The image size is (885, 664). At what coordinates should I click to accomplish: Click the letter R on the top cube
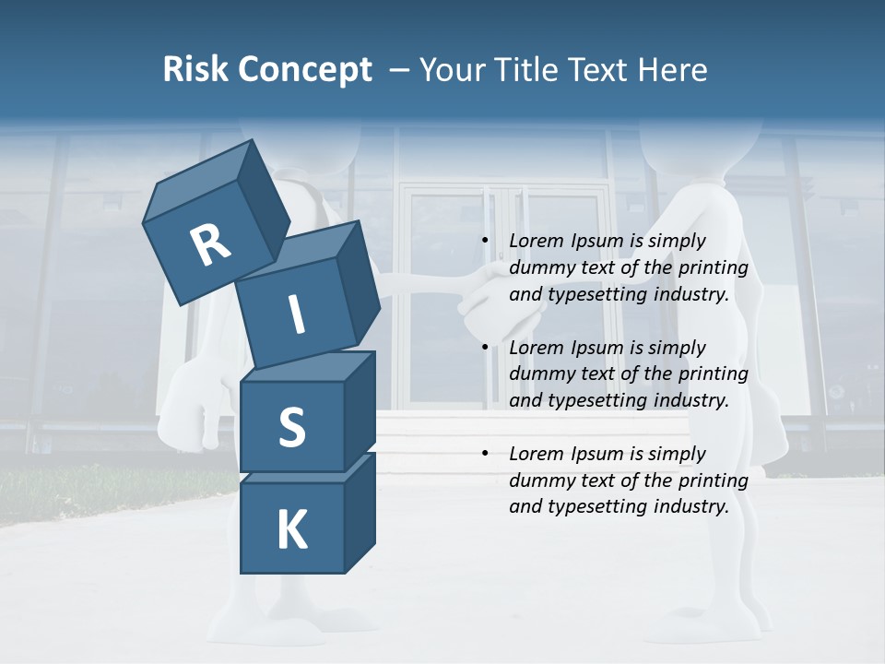(x=210, y=244)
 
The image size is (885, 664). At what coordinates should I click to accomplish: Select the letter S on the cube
(x=291, y=428)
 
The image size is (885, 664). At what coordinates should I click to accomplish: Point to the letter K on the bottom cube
(x=291, y=530)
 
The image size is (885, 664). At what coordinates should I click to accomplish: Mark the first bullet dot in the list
(x=486, y=242)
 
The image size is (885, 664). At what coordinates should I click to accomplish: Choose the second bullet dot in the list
(x=486, y=348)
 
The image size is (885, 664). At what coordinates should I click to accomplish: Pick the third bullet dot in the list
(x=486, y=454)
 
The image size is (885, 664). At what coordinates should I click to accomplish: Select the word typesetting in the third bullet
(x=598, y=507)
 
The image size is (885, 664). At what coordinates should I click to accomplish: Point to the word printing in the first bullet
(x=714, y=268)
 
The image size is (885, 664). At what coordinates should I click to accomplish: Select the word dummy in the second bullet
(x=539, y=374)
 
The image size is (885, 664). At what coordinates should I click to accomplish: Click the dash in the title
(x=400, y=70)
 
